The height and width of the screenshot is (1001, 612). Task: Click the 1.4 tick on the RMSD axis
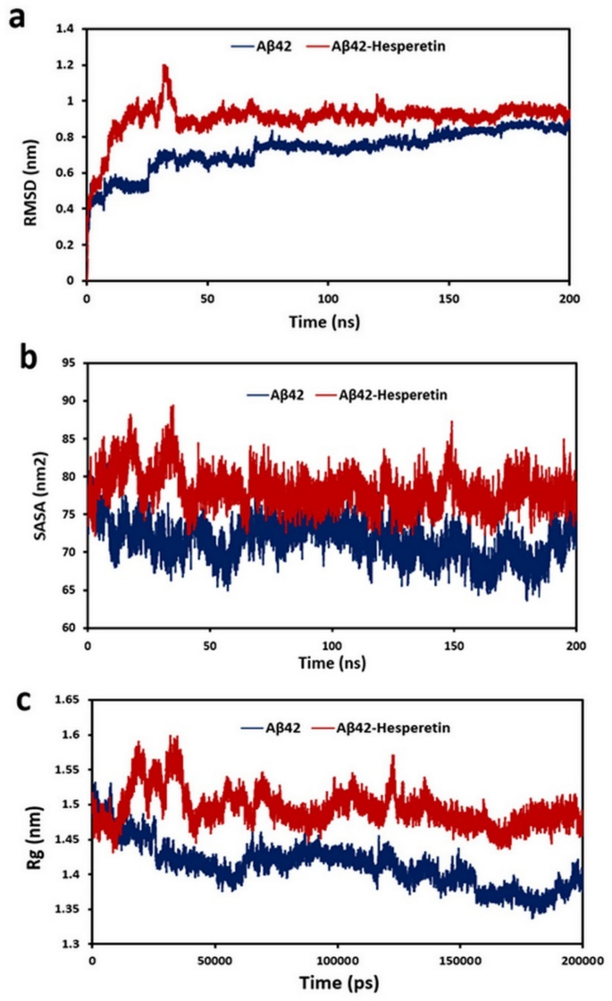(x=66, y=29)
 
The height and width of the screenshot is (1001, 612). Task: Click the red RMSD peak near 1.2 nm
(x=164, y=66)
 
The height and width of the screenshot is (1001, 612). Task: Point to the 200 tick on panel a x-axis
(x=569, y=296)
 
